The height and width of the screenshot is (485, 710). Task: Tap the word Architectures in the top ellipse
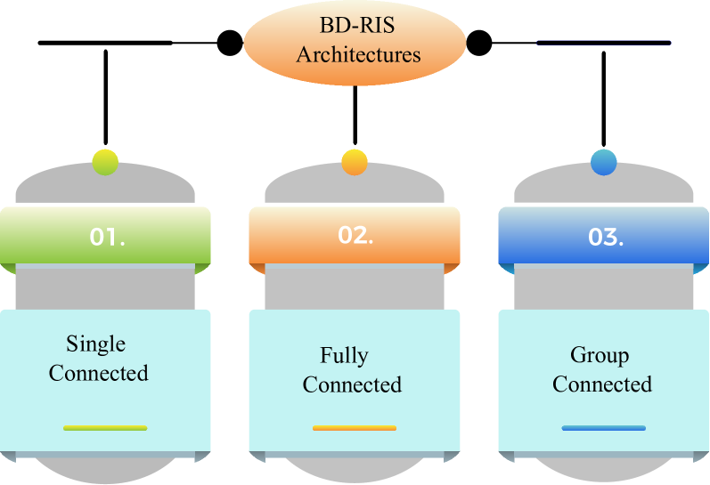pos(358,54)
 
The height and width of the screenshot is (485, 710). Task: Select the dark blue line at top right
pos(604,42)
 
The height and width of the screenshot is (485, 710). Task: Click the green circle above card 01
pos(105,162)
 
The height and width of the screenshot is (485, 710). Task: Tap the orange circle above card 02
pos(355,162)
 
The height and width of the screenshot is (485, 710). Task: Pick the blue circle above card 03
pos(604,162)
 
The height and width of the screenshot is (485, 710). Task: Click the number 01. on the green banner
pos(107,238)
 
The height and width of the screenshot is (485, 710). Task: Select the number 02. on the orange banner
pos(355,236)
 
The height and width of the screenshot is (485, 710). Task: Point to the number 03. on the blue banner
pos(606,238)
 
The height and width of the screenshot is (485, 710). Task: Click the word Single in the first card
pos(95,344)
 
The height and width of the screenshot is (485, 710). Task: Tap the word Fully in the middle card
pos(344,356)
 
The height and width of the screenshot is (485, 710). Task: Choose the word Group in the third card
pos(600,355)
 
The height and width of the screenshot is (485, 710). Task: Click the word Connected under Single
pos(98,373)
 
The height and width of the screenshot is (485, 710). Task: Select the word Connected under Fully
pos(352,384)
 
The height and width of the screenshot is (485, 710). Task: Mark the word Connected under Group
pos(602,384)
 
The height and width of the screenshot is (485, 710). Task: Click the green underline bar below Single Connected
pos(105,428)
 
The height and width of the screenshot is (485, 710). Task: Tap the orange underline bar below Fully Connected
pos(355,428)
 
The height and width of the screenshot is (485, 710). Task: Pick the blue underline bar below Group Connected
pos(604,428)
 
